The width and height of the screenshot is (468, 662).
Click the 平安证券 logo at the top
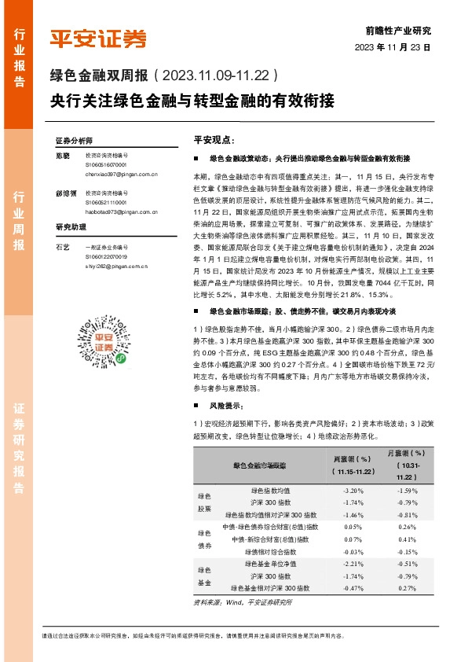97,39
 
